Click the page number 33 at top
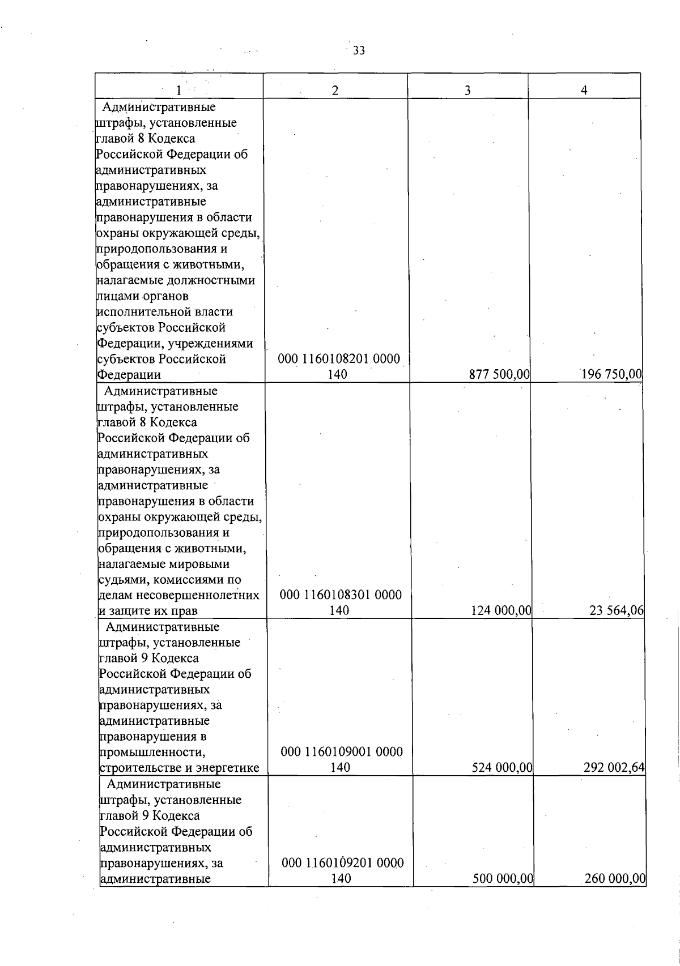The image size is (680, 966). pyautogui.click(x=359, y=51)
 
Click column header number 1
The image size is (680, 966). pyautogui.click(x=178, y=90)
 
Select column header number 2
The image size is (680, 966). pyautogui.click(x=335, y=90)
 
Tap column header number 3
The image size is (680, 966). pyautogui.click(x=467, y=90)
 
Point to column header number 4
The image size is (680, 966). pyautogui.click(x=584, y=90)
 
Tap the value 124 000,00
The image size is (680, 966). pyautogui.click(x=501, y=610)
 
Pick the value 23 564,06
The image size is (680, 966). pyautogui.click(x=617, y=610)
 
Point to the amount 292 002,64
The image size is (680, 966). pyautogui.click(x=614, y=768)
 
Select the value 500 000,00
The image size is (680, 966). pyautogui.click(x=503, y=895)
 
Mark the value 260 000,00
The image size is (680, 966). pyautogui.click(x=615, y=895)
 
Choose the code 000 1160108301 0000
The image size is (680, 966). pyautogui.click(x=341, y=595)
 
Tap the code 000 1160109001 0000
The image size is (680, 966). pyautogui.click(x=342, y=752)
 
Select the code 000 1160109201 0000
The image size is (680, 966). pyautogui.click(x=342, y=879)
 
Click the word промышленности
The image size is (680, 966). pyautogui.click(x=152, y=753)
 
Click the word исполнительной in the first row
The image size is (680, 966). pyautogui.click(x=164, y=312)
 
